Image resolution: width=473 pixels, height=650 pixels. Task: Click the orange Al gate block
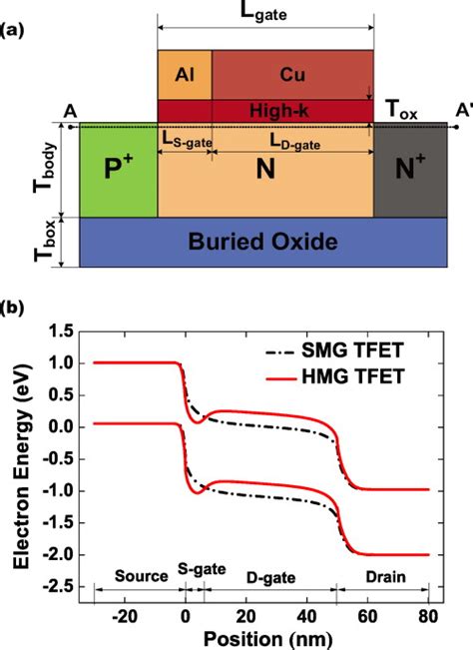(185, 73)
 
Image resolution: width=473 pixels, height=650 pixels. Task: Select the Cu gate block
(291, 73)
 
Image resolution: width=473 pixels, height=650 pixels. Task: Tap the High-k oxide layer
(264, 109)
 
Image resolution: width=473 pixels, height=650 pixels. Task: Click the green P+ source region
(118, 169)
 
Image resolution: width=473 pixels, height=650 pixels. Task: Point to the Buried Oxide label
(263, 241)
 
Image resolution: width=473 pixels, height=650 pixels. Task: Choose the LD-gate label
(291, 145)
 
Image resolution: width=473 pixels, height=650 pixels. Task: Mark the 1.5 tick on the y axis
(62, 332)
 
